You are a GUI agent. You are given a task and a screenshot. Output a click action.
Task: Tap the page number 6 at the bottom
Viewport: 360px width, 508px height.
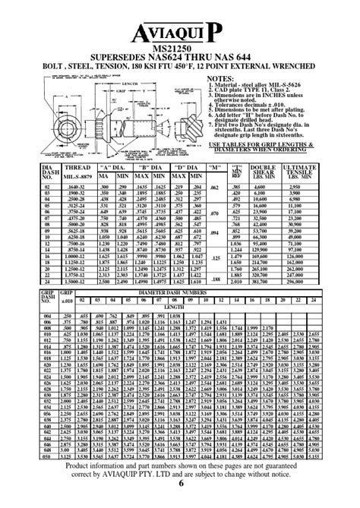click(180, 503)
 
